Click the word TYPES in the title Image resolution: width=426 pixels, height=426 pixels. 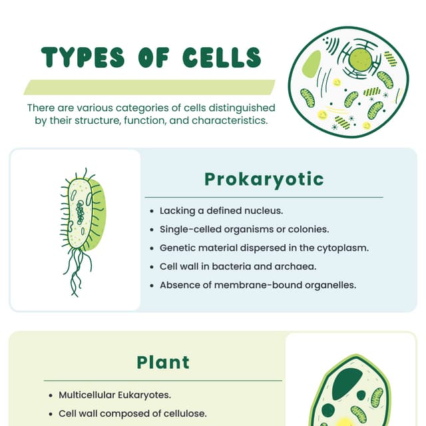click(83, 58)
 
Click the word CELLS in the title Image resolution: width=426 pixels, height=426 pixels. click(222, 58)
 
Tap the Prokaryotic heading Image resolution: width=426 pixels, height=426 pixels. click(264, 179)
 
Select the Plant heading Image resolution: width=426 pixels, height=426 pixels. click(163, 362)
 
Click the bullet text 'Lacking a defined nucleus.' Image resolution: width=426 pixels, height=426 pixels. click(222, 210)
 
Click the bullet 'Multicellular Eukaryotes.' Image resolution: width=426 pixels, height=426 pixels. click(114, 395)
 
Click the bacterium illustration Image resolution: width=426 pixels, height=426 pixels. click(85, 213)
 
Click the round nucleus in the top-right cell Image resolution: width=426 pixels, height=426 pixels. click(359, 59)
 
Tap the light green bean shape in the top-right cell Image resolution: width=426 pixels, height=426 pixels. click(311, 64)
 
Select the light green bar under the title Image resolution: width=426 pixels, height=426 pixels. click(150, 87)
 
